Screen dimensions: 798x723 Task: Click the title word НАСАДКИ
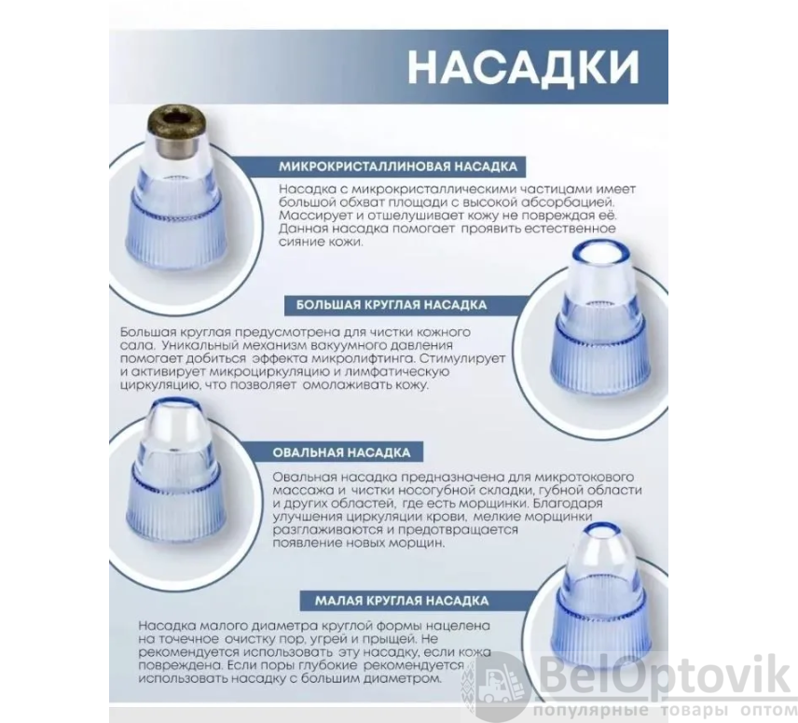point(524,66)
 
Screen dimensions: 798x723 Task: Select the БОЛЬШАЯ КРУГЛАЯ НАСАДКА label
point(392,305)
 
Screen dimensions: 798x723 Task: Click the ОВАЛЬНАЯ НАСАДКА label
point(341,452)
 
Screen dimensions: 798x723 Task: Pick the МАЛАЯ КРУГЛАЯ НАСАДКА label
point(402,601)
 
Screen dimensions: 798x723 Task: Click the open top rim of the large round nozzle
point(601,253)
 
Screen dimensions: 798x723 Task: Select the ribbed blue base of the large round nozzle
point(600,355)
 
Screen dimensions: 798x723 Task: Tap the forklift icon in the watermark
point(497,682)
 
